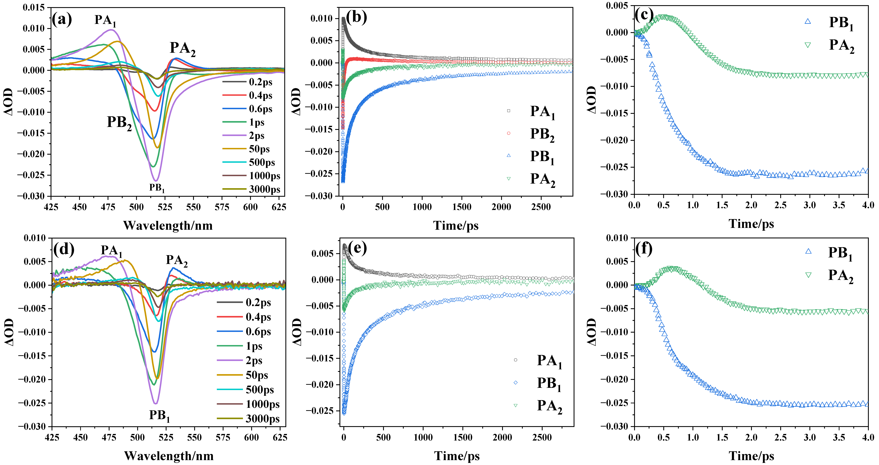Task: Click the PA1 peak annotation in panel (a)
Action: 105,20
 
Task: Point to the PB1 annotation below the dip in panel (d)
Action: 159,416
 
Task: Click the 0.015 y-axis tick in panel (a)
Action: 33,8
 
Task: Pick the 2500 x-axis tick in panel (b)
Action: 541,207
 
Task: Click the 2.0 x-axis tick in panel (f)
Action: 751,437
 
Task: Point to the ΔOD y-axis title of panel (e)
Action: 297,332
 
